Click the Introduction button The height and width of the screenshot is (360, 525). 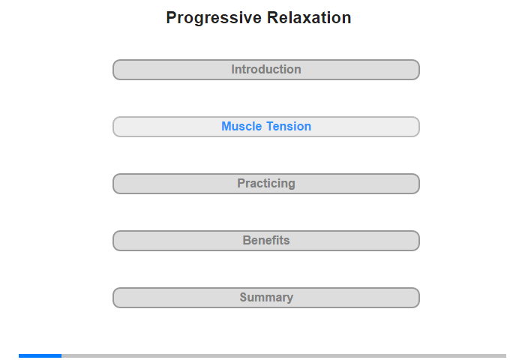point(266,70)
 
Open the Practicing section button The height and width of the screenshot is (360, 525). point(266,184)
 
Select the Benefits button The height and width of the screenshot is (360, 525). point(266,241)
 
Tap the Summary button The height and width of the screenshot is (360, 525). point(266,298)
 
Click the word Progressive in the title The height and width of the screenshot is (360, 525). point(214,19)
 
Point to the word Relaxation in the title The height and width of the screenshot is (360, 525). point(309,18)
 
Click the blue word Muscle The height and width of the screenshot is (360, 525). point(241,126)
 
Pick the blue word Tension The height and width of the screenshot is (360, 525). point(289,126)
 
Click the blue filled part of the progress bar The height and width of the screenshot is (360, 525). point(40,355)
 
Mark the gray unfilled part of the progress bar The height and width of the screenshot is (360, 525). point(284,355)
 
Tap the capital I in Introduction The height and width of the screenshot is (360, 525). point(232,69)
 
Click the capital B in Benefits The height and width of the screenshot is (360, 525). point(247,240)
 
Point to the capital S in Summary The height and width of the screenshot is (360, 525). point(244,297)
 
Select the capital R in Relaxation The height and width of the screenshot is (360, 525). point(273,18)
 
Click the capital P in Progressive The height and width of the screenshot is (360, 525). point(172,18)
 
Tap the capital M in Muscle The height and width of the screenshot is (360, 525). point(226,126)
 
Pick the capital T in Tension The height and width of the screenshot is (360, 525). point(271,126)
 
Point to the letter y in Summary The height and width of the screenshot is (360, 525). point(289,298)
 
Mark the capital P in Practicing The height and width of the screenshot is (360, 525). point(241,183)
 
